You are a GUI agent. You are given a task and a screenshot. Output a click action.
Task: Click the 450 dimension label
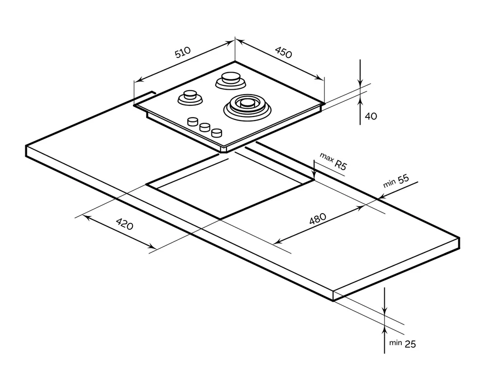point(283,52)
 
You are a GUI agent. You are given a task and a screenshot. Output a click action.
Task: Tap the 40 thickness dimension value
point(371,116)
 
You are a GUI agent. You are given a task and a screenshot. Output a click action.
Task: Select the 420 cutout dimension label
point(124,225)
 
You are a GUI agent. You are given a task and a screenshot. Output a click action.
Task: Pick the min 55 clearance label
point(395,181)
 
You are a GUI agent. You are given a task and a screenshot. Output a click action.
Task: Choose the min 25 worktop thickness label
point(402,343)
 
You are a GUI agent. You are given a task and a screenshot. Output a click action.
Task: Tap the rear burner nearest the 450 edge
point(228,79)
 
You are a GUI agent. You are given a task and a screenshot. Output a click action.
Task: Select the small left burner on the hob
point(189,97)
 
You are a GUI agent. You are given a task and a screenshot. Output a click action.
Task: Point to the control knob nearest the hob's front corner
point(217,132)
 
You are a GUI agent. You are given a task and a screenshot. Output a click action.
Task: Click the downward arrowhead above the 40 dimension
point(360,84)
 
